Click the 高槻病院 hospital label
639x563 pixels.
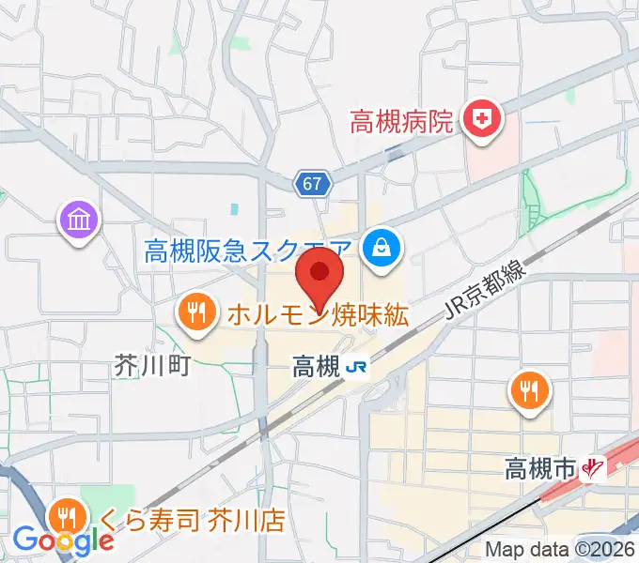[x=402, y=121]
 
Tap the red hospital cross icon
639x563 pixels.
[x=486, y=119]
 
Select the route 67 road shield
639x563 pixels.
[x=315, y=184]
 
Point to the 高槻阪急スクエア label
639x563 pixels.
[x=249, y=251]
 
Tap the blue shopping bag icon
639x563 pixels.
[x=382, y=249]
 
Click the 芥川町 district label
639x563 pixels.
[x=151, y=365]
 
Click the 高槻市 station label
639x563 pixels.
[x=540, y=466]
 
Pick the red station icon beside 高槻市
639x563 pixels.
[x=593, y=466]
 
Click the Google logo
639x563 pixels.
[x=63, y=540]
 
